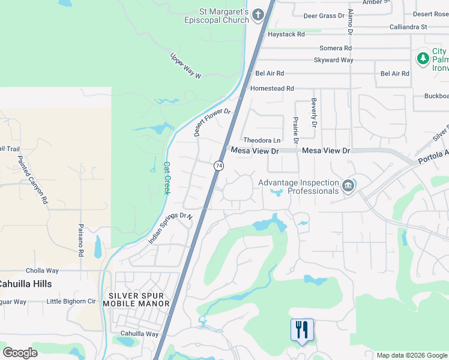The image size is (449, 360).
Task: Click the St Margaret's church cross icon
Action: coord(259,15)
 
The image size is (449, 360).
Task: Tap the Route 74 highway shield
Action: coord(219,165)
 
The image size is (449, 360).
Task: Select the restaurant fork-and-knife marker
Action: coord(302,330)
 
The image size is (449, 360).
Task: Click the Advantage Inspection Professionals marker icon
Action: coord(348,187)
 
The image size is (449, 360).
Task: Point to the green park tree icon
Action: coord(423,58)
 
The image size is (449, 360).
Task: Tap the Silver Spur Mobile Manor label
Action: coord(139,299)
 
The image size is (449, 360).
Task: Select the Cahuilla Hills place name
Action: coord(25,284)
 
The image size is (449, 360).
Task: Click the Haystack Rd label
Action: coord(286,35)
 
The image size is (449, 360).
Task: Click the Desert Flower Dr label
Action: coord(212,122)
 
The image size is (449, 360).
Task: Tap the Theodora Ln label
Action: coord(261,140)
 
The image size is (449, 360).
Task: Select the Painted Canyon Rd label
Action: coord(33,180)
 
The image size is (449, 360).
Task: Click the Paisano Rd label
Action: coord(81,240)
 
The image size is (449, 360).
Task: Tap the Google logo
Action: coord(20,352)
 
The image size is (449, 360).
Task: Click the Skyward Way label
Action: coord(333,60)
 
